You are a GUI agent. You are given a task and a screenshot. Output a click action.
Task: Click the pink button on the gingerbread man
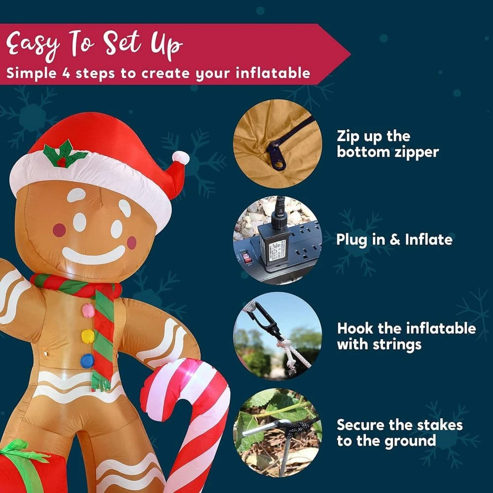tap(88, 311)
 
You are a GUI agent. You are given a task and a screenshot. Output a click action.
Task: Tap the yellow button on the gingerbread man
tap(88, 336)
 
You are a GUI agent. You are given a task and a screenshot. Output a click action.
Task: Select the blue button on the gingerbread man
tap(87, 361)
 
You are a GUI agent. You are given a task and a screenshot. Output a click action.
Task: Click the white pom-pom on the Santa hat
tap(181, 158)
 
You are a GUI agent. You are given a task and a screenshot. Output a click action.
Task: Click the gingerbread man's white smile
tap(94, 256)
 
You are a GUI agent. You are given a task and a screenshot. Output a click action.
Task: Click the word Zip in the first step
tap(349, 136)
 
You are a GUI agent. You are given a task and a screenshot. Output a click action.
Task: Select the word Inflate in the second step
tap(428, 240)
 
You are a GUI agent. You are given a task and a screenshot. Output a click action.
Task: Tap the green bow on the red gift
tap(22, 449)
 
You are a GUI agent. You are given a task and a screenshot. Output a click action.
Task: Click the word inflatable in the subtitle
tap(275, 73)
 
